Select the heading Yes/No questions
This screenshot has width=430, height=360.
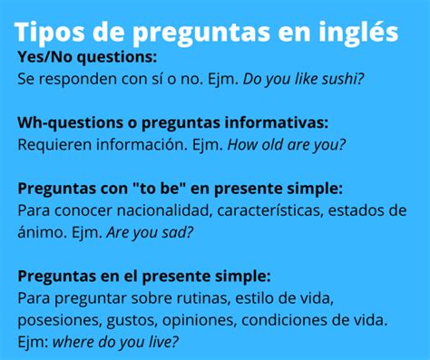[87, 57]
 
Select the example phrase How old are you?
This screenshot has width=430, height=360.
[287, 143]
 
